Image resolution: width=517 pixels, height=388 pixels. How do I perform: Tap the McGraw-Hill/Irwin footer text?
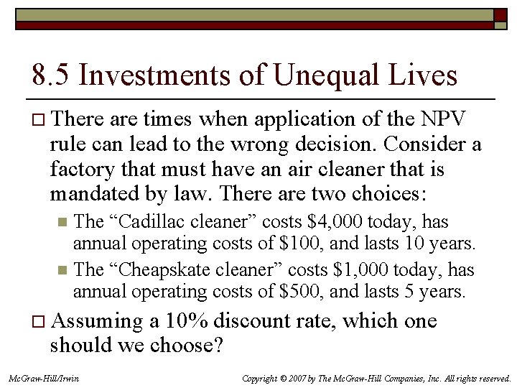44,378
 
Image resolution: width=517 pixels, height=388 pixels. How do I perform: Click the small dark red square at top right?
499,14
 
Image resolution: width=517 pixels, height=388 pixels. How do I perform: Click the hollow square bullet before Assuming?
37,321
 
